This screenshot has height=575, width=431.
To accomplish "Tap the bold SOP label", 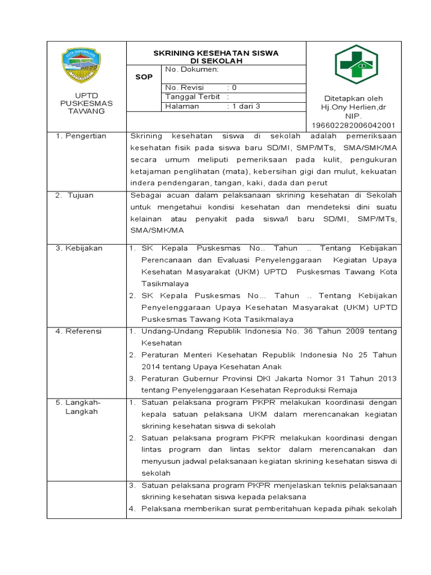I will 144,77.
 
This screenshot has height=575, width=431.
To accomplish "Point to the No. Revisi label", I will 185,88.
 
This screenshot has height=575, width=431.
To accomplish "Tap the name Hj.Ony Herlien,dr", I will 353,107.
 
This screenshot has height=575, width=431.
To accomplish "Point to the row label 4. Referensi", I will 79,331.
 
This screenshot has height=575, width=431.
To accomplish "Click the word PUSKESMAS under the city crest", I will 86,103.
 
